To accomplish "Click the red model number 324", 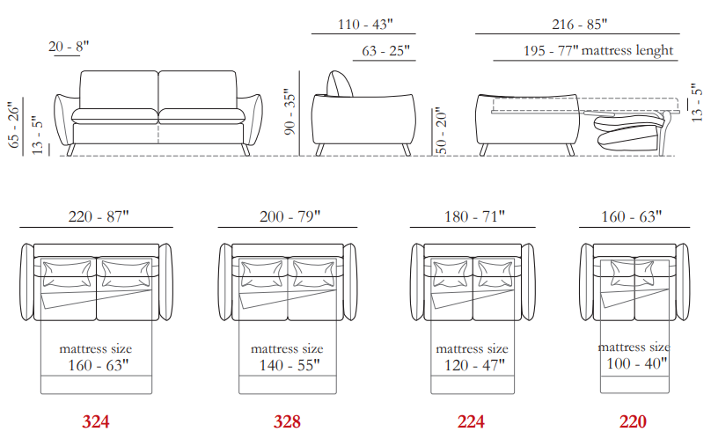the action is pyautogui.click(x=96, y=421).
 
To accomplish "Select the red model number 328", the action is pyautogui.click(x=287, y=421).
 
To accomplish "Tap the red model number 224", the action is pyautogui.click(x=471, y=421).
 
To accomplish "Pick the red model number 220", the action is pyautogui.click(x=633, y=421).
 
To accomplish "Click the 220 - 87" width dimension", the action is pyautogui.click(x=99, y=216).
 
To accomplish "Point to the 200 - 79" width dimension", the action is pyautogui.click(x=290, y=216).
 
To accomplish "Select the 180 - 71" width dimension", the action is pyautogui.click(x=474, y=216).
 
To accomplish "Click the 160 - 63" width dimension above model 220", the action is pyautogui.click(x=631, y=216).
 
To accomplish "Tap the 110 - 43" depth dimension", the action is pyautogui.click(x=365, y=24).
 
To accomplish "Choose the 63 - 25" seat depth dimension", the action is pyautogui.click(x=385, y=50).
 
